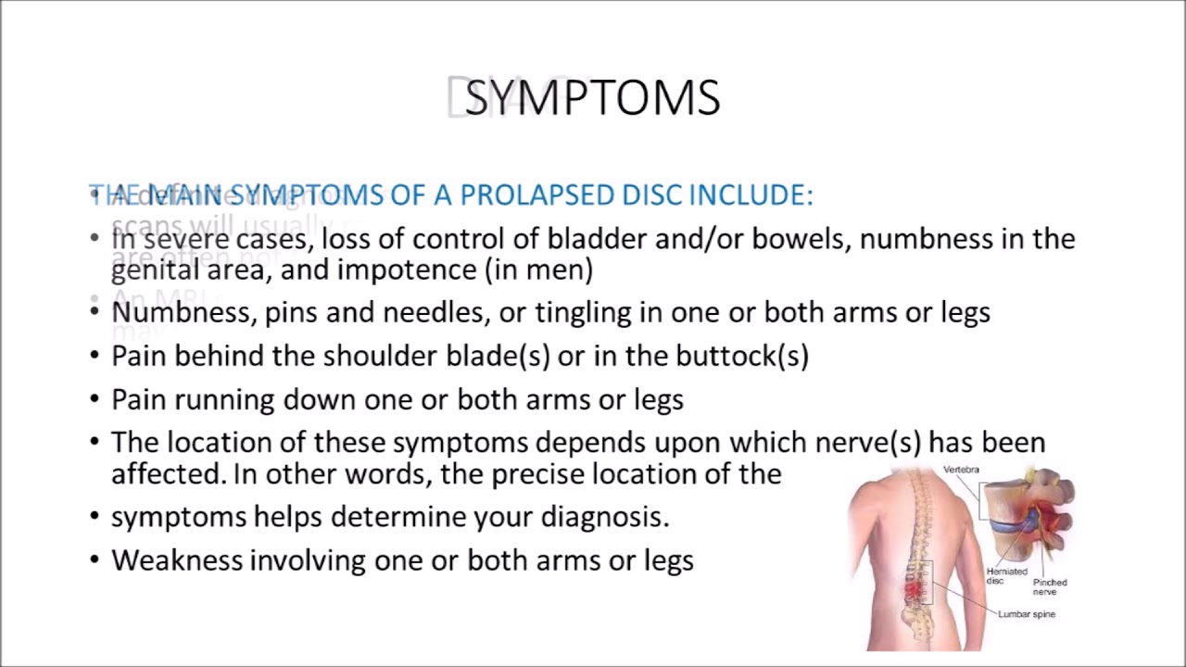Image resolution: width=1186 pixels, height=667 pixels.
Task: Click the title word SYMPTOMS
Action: [x=593, y=98]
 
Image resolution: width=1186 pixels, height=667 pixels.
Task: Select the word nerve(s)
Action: [x=868, y=443]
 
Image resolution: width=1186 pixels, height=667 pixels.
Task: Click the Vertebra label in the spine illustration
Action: [x=961, y=470]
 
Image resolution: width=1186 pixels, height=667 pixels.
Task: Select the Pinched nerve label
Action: [x=1050, y=586]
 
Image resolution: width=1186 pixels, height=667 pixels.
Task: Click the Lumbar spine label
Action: [x=1026, y=614]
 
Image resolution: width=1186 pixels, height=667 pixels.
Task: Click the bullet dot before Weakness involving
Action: [x=95, y=560]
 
